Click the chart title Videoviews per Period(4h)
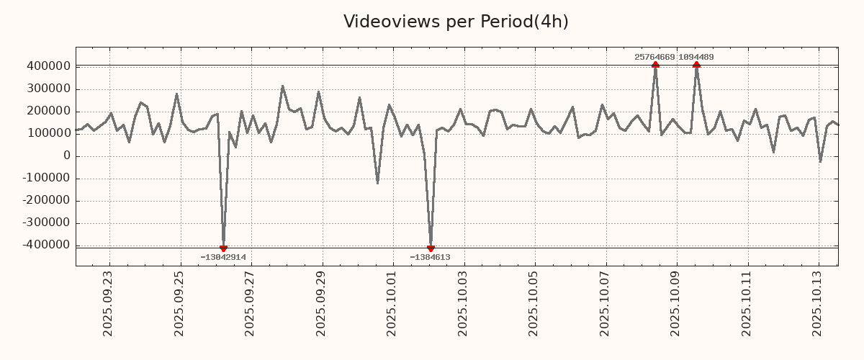coord(456,22)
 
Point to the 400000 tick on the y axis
coord(49,67)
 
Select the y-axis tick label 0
coord(66,156)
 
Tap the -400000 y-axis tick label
coord(47,246)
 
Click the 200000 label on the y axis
coord(49,112)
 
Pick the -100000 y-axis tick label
coord(47,179)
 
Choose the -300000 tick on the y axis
coord(47,223)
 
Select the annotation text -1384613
coord(430,257)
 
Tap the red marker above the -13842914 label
coord(223,248)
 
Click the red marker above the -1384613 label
coord(431,248)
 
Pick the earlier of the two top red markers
coord(655,65)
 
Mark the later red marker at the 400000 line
coord(696,65)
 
